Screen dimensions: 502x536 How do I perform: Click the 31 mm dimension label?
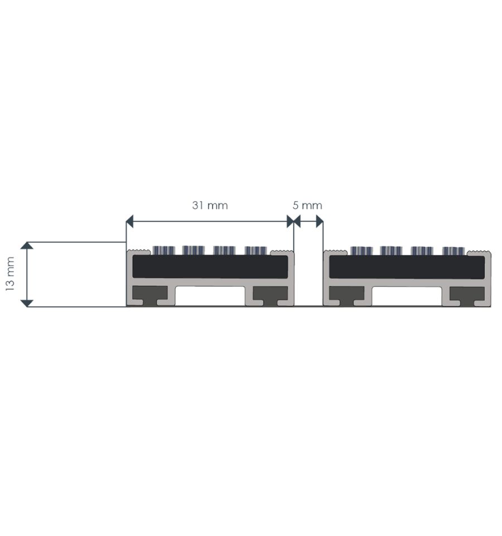pos(210,205)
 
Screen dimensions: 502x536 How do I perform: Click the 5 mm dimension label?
pos(307,205)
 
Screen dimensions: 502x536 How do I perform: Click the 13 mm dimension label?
pos(10,274)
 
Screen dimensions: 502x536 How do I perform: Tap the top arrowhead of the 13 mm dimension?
pos(27,245)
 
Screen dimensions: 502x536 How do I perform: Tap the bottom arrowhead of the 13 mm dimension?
pos(27,303)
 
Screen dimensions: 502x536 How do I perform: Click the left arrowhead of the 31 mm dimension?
pos(129,222)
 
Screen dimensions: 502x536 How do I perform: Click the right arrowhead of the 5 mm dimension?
pos(320,222)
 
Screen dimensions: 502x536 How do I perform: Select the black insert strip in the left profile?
pos(210,266)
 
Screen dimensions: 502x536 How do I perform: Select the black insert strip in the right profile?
pos(407,266)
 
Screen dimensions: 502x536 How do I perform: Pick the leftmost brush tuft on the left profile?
pos(163,251)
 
